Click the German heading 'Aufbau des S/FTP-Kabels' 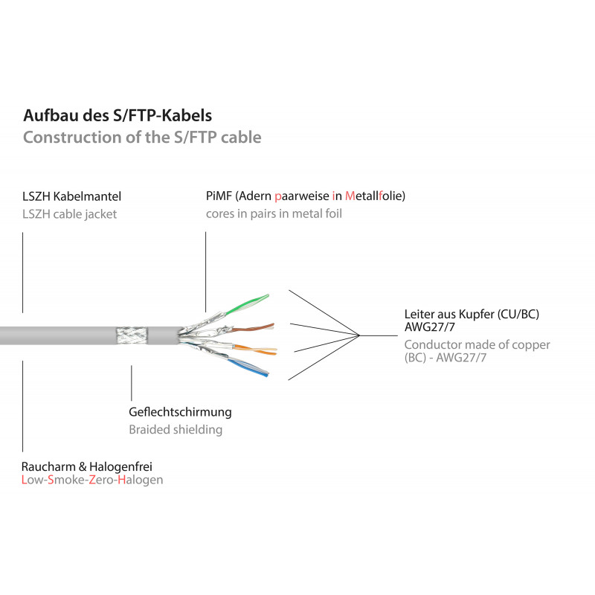(118, 116)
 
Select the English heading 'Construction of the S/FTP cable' (142, 138)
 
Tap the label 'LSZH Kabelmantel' (72, 197)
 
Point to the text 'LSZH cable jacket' (70, 214)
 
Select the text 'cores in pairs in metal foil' (274, 214)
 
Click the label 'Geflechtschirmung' (180, 412)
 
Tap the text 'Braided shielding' (176, 430)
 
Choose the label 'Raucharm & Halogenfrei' (88, 466)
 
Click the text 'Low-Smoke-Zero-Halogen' (93, 480)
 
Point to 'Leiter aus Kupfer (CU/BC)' (472, 315)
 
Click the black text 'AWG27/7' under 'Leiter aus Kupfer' (429, 328)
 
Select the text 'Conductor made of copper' (477, 345)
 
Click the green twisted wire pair (246, 303)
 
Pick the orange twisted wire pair (257, 348)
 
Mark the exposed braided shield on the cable (132, 336)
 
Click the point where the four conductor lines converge (361, 336)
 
